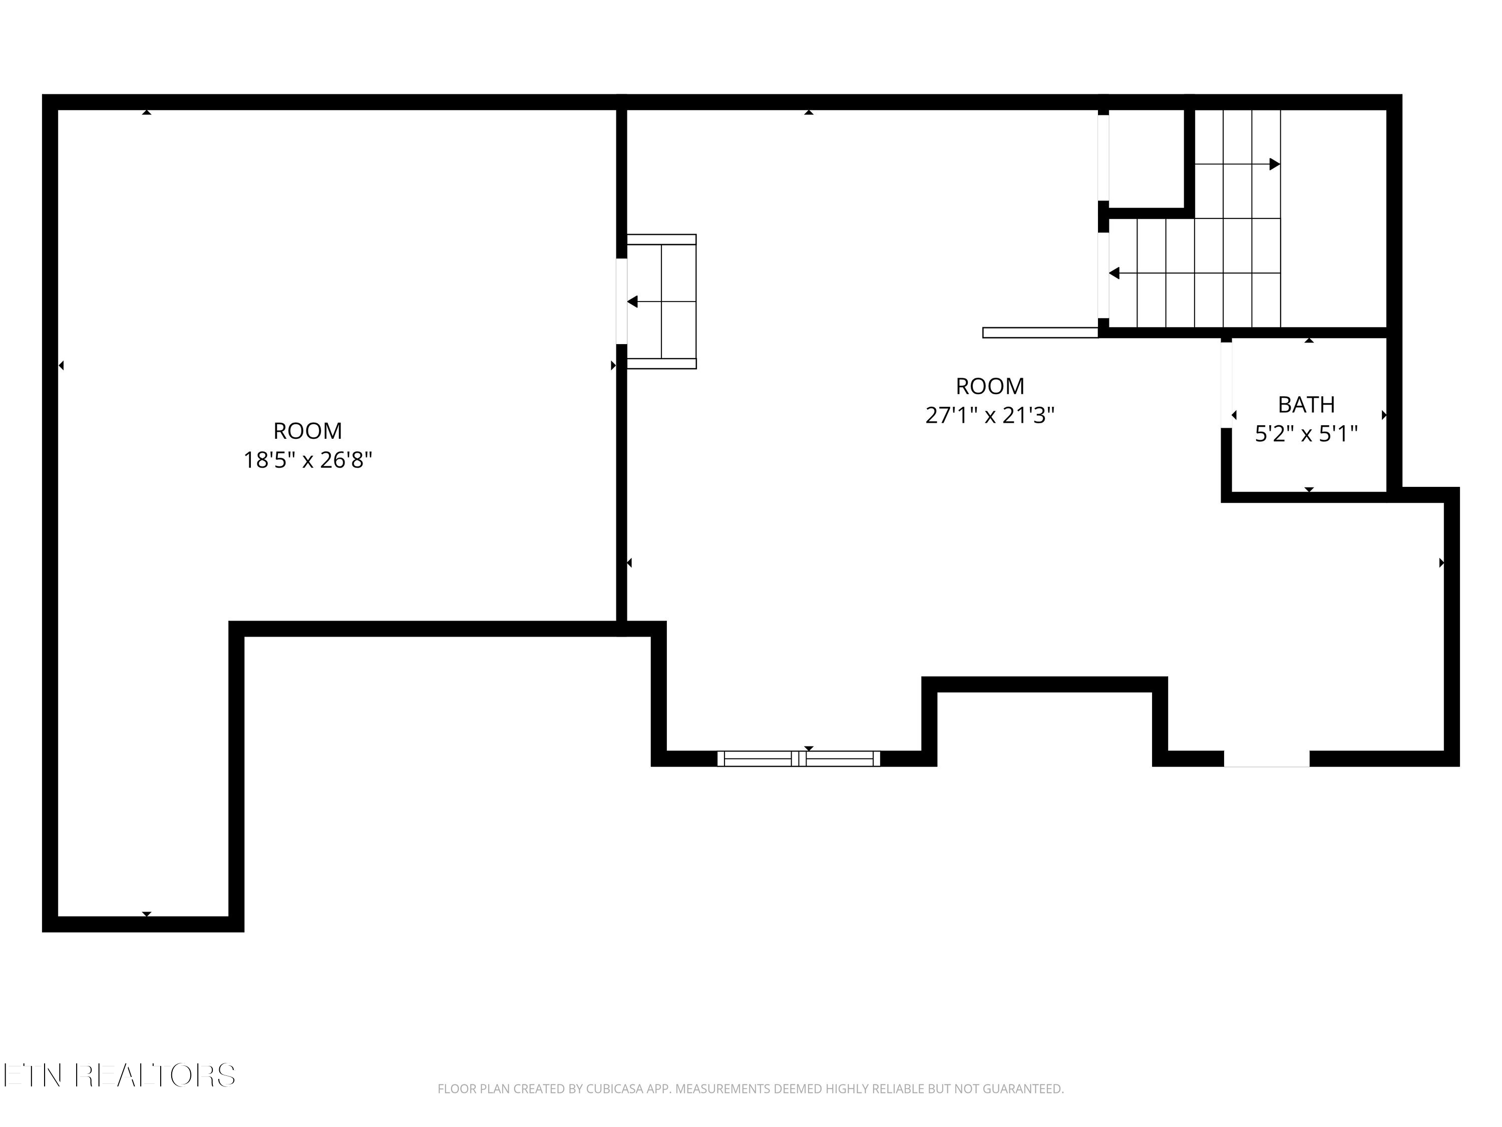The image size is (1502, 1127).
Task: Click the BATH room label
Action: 1306,405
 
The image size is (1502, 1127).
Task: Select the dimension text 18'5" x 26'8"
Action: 307,461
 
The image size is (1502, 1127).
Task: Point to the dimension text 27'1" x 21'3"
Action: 989,415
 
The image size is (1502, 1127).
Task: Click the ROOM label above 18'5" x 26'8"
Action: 307,431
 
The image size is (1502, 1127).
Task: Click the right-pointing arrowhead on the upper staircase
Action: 1275,164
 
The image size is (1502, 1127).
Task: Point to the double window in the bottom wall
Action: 799,759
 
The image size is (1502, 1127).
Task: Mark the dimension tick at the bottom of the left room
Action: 147,914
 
